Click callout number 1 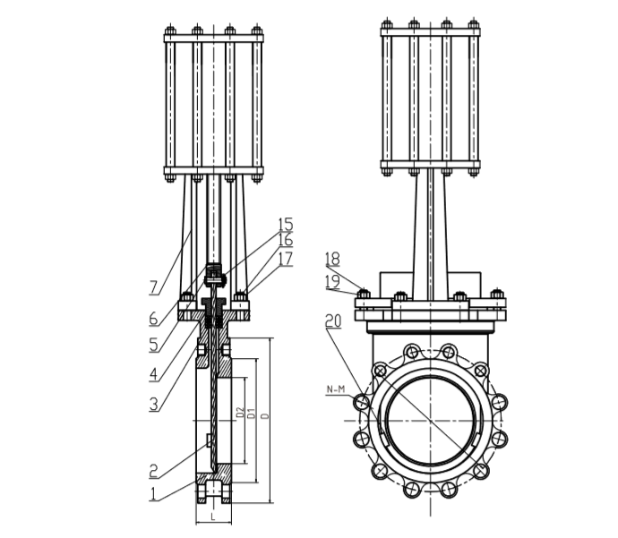(x=153, y=492)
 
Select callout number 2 (x=153, y=469)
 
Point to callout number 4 (x=153, y=373)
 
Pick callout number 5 (x=153, y=344)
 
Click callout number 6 (x=153, y=317)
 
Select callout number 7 (x=153, y=287)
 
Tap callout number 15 (x=285, y=224)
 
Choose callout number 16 (x=285, y=240)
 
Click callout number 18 (x=332, y=259)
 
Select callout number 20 (x=332, y=320)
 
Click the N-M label (x=337, y=389)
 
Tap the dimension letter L (x=213, y=517)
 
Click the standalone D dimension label (x=265, y=416)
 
